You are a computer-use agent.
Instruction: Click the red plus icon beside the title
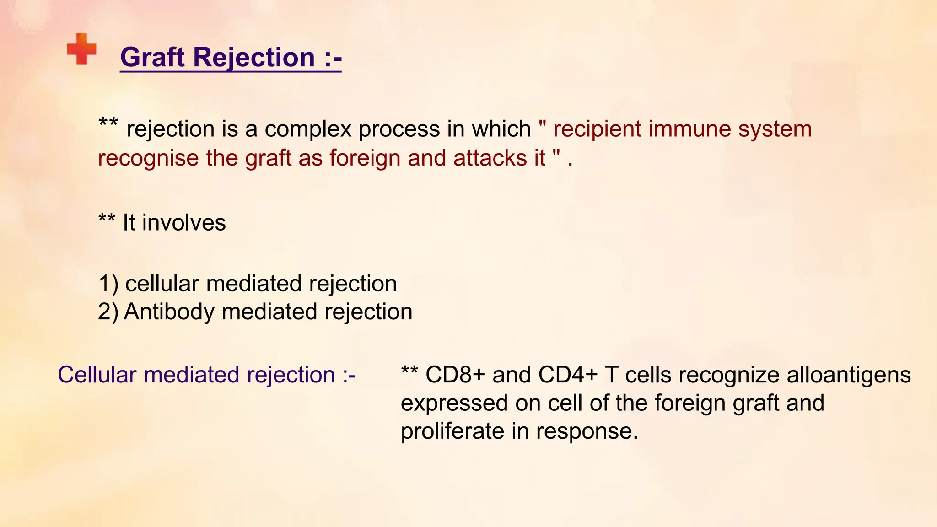pyautogui.click(x=81, y=49)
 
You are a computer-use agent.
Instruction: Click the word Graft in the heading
pyautogui.click(x=153, y=58)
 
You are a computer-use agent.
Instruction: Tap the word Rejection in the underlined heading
pyautogui.click(x=254, y=58)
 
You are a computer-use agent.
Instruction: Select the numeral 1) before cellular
pyautogui.click(x=108, y=284)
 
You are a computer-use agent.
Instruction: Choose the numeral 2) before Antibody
pyautogui.click(x=108, y=312)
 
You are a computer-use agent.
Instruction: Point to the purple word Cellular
pyautogui.click(x=97, y=375)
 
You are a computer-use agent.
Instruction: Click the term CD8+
pyautogui.click(x=455, y=375)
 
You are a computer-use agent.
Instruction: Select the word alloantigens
pyautogui.click(x=849, y=375)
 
